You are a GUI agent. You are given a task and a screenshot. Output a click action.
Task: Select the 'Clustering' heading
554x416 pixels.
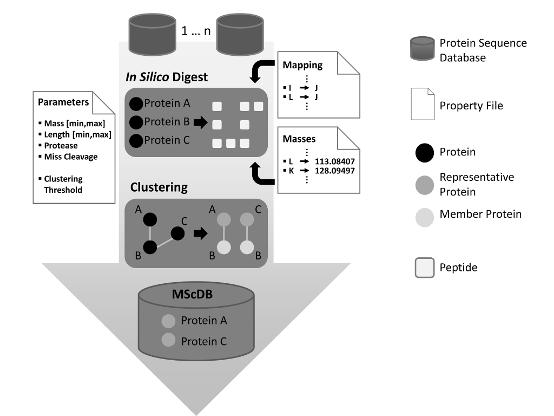point(159,187)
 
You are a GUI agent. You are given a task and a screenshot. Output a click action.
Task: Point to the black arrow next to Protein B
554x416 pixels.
point(200,123)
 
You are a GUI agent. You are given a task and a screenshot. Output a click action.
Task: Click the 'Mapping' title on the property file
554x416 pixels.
point(302,65)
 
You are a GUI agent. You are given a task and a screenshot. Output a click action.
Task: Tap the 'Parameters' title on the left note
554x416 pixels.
point(63,102)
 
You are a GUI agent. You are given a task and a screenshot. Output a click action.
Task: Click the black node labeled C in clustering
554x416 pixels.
point(176,233)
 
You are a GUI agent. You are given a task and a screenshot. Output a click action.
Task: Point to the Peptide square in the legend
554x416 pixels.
point(425,268)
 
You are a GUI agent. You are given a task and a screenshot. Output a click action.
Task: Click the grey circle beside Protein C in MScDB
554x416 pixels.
point(168,341)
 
